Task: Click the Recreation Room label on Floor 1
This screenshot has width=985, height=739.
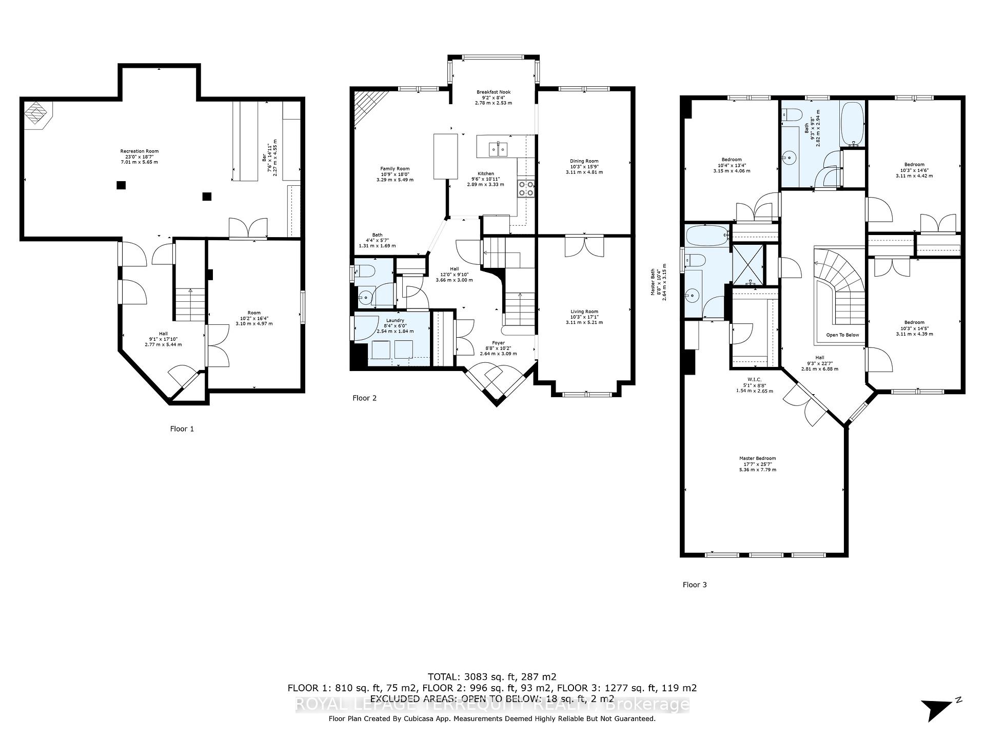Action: click(139, 151)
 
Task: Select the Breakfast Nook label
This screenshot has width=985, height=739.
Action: click(493, 92)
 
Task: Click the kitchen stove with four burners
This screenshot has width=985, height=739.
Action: click(526, 188)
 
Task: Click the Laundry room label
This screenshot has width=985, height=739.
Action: click(395, 320)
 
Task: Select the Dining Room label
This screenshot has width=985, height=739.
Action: click(584, 161)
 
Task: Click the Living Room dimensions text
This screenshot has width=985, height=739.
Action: click(584, 322)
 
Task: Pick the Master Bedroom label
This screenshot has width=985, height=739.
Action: click(757, 458)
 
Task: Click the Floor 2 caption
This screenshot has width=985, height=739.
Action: click(364, 398)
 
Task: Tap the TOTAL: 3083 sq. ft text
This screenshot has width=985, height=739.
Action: click(492, 676)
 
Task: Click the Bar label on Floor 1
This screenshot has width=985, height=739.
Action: click(265, 157)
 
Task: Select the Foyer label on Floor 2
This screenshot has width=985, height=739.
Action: click(498, 343)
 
